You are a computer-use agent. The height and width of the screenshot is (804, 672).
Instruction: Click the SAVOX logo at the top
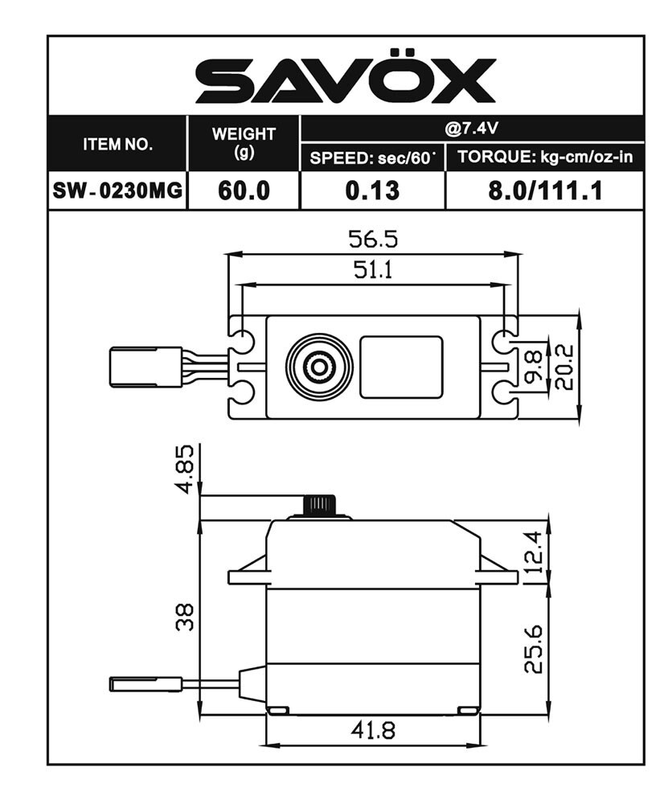(x=346, y=80)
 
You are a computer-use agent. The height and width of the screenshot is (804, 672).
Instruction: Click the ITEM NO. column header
(x=117, y=145)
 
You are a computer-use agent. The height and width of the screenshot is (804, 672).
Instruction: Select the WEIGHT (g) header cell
(x=244, y=142)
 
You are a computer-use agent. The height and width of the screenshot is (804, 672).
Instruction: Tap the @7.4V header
(x=472, y=128)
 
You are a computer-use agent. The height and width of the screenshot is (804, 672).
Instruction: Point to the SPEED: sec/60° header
(x=372, y=157)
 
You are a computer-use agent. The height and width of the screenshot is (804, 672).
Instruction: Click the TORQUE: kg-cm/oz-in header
(x=545, y=157)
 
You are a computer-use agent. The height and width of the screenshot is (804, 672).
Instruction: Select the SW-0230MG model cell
(x=117, y=191)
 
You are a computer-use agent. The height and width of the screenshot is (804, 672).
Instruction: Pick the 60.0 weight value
(x=244, y=191)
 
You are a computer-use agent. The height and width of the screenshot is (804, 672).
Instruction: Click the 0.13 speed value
(x=372, y=191)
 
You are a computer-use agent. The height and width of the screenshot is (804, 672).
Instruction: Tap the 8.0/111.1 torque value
(x=545, y=191)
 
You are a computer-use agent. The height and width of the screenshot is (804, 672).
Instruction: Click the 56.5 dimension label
(x=372, y=239)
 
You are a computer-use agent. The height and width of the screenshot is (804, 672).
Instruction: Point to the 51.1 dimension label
(x=372, y=270)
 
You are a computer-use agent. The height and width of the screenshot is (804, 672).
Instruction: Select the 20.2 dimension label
(x=564, y=367)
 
